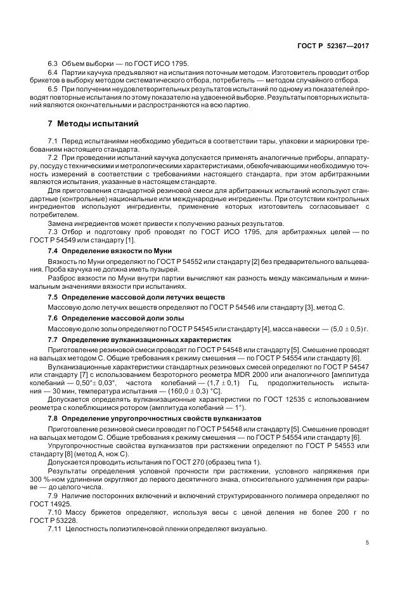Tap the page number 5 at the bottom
pyautogui.click(x=367, y=543)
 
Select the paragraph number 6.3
pyautogui.click(x=53, y=65)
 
